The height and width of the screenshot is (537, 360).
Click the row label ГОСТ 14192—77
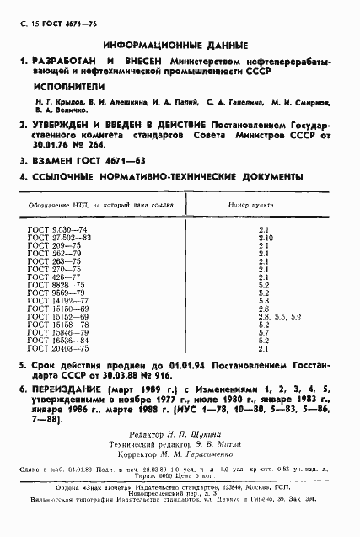point(51,300)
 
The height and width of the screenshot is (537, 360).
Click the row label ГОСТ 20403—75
point(51,347)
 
